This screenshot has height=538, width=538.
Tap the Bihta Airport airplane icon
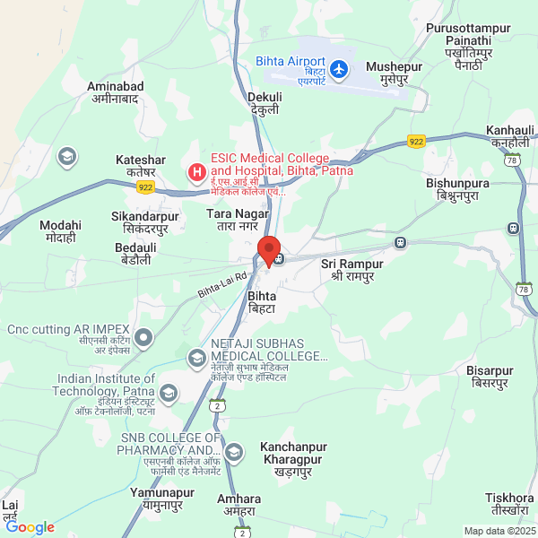click(338, 68)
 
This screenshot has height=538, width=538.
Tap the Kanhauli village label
click(510, 137)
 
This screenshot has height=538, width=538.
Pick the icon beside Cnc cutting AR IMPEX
click(144, 338)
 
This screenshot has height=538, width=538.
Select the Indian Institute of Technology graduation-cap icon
click(169, 392)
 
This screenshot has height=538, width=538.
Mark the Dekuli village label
click(265, 103)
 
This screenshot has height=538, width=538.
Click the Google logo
click(30, 527)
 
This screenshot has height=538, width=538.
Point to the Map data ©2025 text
click(499, 531)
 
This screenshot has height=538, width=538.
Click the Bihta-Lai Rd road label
click(222, 285)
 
